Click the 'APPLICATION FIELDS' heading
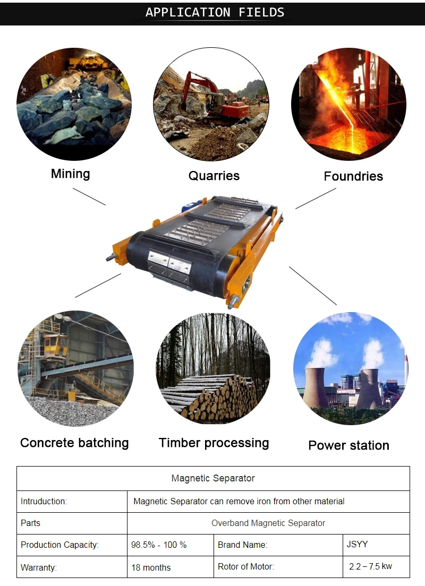coord(215,12)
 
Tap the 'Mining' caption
coord(70,174)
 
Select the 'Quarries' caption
coord(214,176)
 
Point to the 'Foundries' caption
coord(353,176)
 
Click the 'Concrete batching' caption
coord(74,443)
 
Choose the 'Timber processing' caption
coord(214,443)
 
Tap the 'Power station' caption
coord(348,445)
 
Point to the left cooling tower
coord(316,387)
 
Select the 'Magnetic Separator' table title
coord(213,478)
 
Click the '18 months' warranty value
coord(151,567)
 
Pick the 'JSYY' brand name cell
coord(358,544)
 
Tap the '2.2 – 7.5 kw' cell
coord(370,566)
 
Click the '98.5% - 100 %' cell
coord(159,545)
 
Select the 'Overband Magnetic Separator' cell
coord(268,523)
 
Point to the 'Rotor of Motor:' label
coord(246,566)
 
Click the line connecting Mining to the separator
coord(89,196)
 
